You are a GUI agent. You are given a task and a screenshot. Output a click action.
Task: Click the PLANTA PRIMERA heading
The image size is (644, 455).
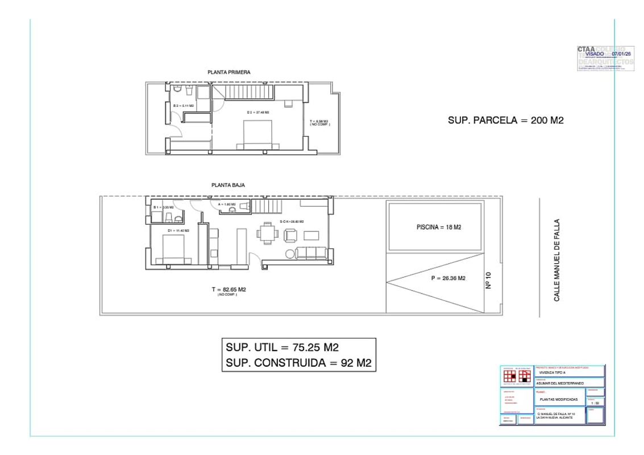(x=229, y=72)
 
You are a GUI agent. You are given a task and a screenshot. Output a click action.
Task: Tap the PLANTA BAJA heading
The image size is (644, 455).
(x=228, y=185)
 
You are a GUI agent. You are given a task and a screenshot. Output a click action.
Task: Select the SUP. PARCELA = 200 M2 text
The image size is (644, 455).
(x=506, y=121)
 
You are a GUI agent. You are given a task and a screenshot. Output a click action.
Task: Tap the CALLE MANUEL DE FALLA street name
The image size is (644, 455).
(x=556, y=260)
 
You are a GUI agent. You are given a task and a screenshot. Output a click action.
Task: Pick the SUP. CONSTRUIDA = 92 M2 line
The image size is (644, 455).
(x=298, y=363)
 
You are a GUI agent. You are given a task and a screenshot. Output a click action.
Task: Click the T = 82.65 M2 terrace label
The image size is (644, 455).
(x=228, y=289)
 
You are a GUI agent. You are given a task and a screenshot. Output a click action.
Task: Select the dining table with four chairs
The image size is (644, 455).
(x=267, y=232)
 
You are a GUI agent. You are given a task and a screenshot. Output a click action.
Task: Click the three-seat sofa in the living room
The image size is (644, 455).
(x=311, y=253)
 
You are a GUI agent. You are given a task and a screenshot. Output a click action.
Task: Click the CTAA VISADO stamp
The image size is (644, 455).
(x=605, y=57)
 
